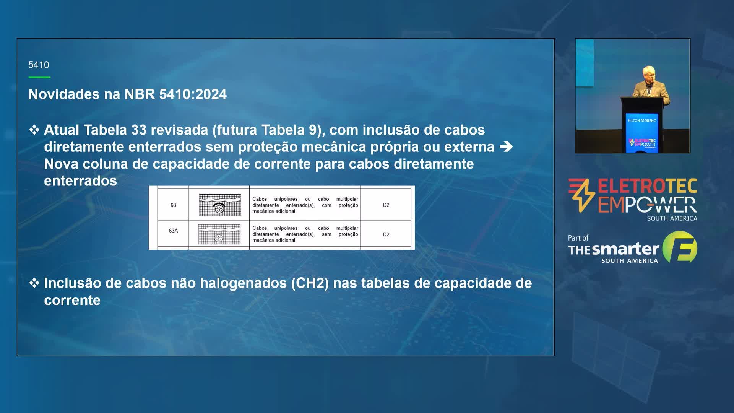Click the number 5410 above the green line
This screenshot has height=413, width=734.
click(x=39, y=65)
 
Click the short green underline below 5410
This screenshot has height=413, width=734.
click(x=39, y=77)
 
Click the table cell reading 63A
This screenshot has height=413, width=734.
click(x=173, y=231)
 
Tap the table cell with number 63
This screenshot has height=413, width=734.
click(x=173, y=205)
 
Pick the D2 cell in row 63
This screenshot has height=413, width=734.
click(x=386, y=205)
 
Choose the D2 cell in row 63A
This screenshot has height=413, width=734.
click(x=386, y=234)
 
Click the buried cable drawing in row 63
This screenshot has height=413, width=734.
click(x=220, y=205)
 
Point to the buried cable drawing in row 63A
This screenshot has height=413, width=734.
click(x=219, y=234)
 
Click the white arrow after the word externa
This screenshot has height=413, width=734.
click(x=506, y=147)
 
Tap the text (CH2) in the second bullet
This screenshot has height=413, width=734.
click(x=310, y=283)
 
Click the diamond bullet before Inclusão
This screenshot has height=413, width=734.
click(x=34, y=283)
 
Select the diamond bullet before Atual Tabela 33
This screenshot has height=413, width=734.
click(x=34, y=130)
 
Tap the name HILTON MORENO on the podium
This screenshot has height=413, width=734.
click(x=642, y=120)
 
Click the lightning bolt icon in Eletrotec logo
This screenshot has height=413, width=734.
click(x=581, y=195)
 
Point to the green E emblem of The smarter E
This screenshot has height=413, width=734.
click(x=680, y=247)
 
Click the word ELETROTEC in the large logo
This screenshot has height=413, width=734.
click(x=648, y=186)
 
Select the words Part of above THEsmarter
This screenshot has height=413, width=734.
click(x=578, y=238)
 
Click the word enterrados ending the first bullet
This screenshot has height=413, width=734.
click(x=80, y=181)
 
